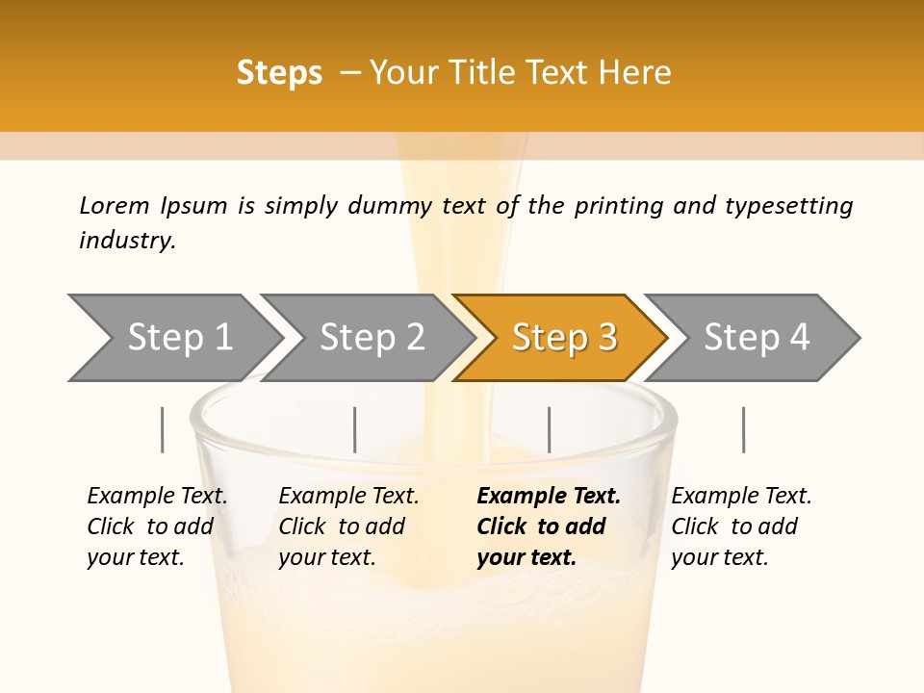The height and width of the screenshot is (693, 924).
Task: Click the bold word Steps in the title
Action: tap(279, 73)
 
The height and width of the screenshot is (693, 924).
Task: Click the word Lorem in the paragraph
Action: tap(115, 206)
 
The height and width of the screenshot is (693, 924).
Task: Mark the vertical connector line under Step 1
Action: tap(162, 429)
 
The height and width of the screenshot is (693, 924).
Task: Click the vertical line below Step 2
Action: tap(355, 429)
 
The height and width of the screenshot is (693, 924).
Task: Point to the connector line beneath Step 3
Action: tap(549, 429)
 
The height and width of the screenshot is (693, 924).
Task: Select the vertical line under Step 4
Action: tap(744, 429)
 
